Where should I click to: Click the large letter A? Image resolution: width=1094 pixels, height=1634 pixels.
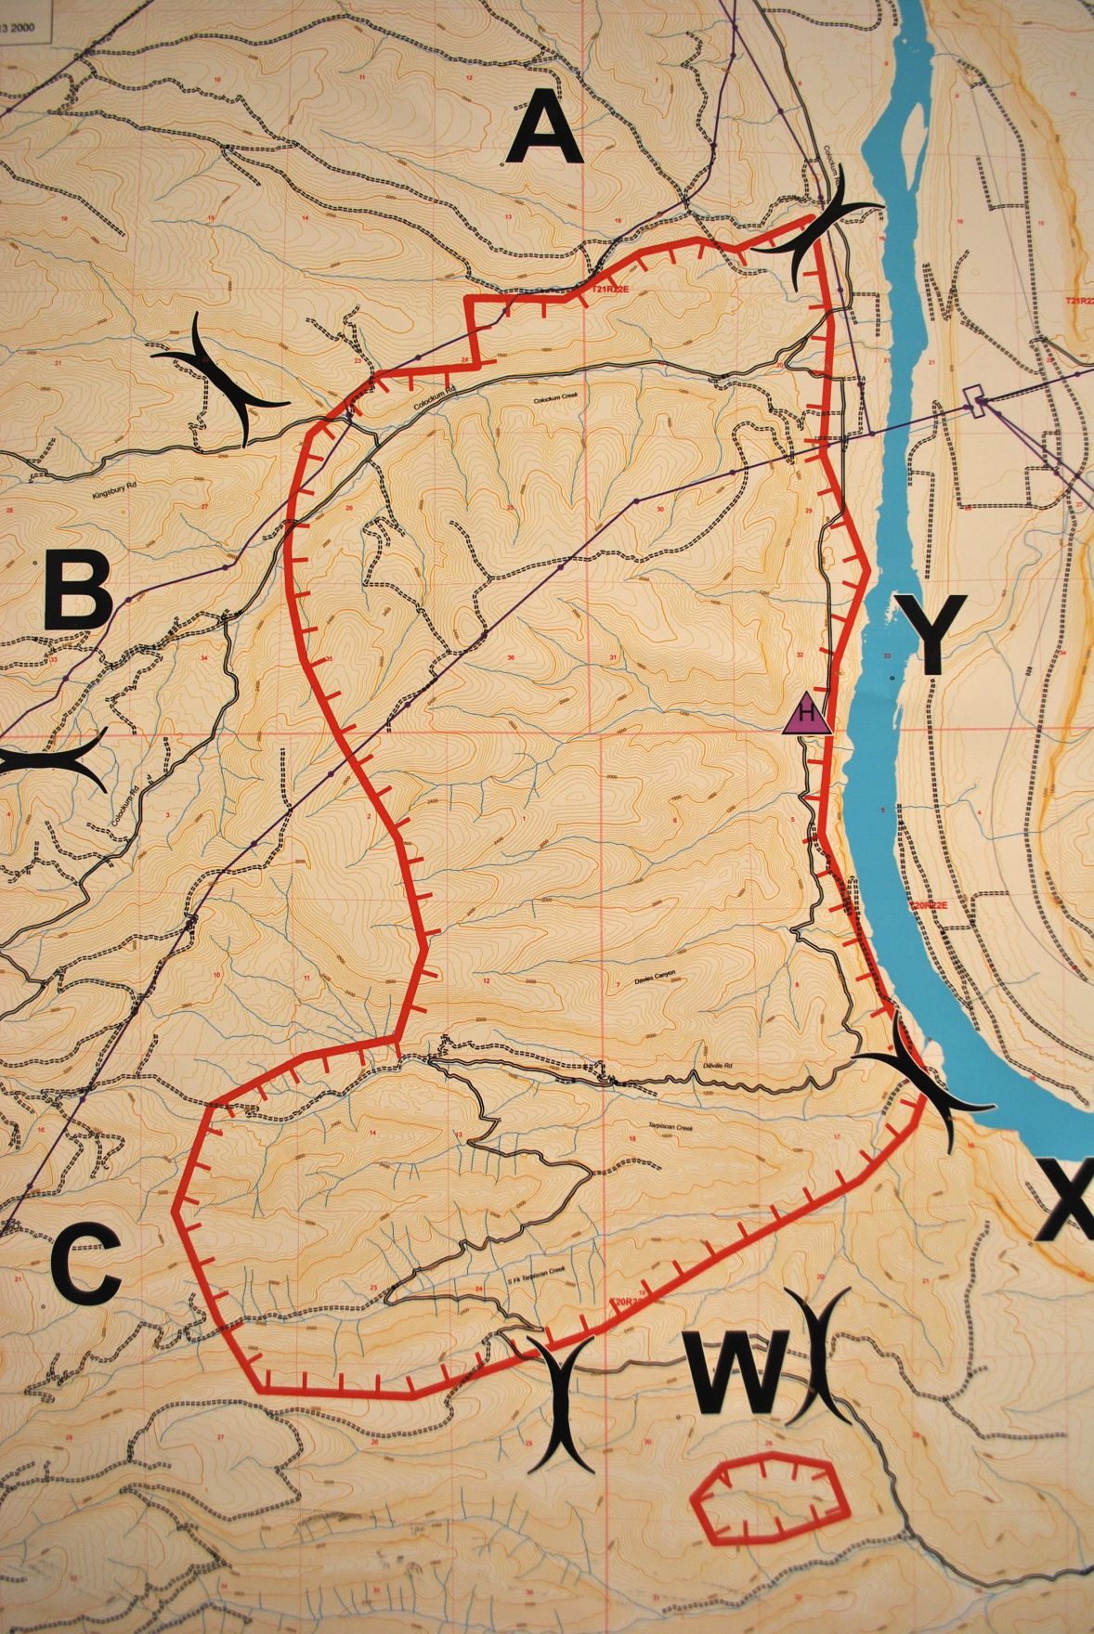point(544,133)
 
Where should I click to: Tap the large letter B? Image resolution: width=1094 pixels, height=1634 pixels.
point(78,591)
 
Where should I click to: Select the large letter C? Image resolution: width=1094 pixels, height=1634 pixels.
point(85,1263)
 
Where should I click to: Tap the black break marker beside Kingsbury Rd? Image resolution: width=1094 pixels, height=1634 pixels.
point(221,380)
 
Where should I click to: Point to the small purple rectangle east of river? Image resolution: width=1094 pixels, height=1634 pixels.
point(973,398)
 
